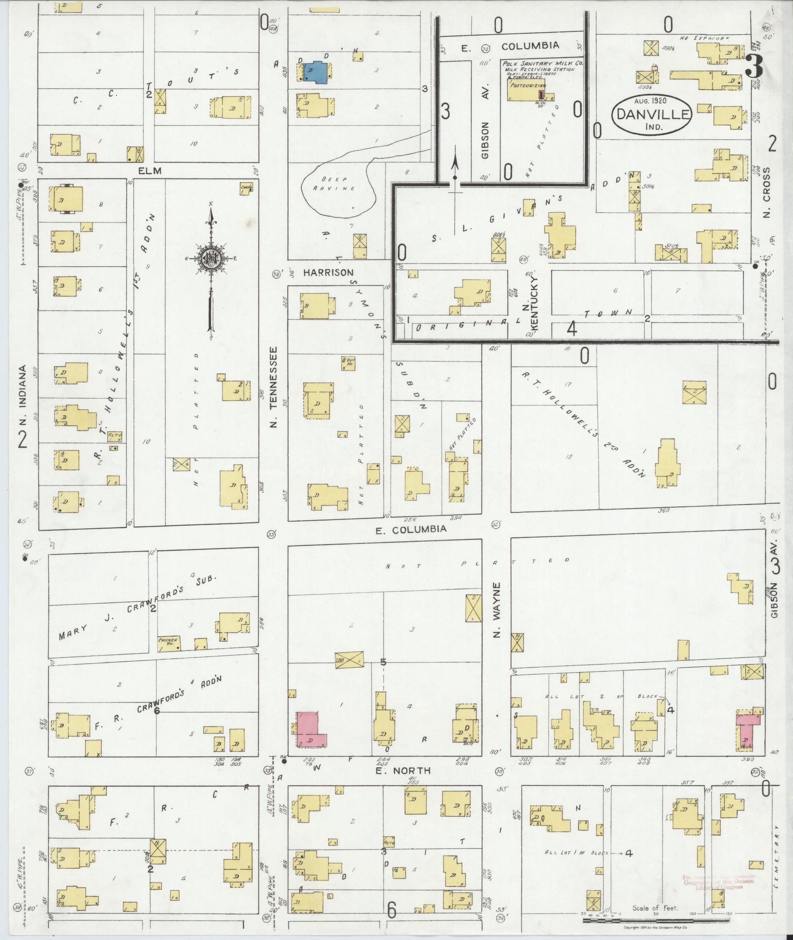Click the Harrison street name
tap(328, 272)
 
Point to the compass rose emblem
tap(210, 257)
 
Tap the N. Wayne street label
tap(497, 610)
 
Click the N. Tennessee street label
tap(274, 387)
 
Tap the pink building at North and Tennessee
tap(310, 730)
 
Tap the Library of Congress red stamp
tap(718, 882)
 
